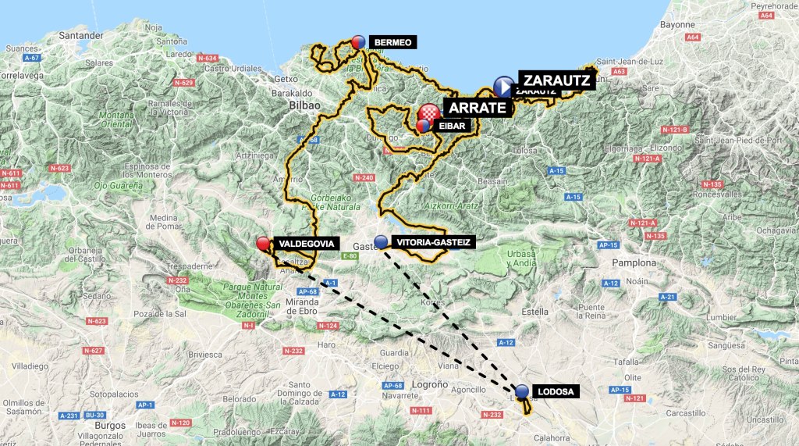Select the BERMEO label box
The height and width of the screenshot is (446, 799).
[x=392, y=42]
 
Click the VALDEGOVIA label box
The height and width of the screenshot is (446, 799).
[x=310, y=244]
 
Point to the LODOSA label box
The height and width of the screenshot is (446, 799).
[x=557, y=391]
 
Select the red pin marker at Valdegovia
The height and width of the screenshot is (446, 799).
[x=264, y=244]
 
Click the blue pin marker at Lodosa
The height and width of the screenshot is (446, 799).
[x=522, y=390]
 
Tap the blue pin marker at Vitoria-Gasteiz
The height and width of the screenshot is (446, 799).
[x=381, y=241]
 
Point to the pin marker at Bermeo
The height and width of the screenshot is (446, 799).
[x=359, y=41]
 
